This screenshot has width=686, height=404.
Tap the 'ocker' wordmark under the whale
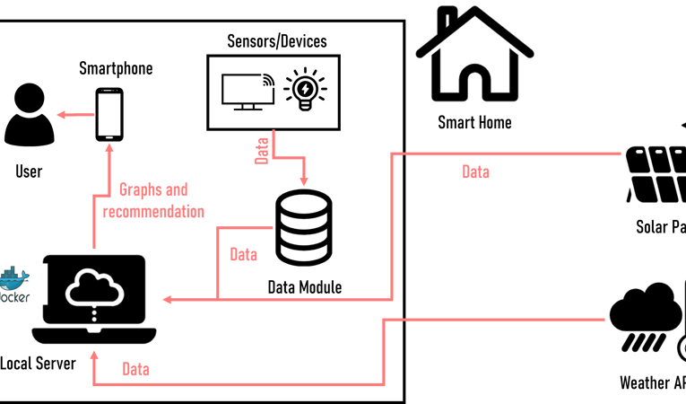(x=16, y=297)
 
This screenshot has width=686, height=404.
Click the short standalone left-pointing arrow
(x=74, y=114)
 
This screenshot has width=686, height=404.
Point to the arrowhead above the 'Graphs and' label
(x=109, y=149)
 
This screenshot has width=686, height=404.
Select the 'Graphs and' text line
(x=153, y=189)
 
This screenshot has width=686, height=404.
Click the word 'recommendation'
(x=153, y=213)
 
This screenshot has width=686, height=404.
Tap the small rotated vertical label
(x=262, y=149)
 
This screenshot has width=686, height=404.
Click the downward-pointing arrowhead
(x=304, y=180)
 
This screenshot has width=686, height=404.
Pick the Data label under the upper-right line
(x=475, y=171)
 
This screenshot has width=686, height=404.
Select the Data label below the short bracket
(x=243, y=255)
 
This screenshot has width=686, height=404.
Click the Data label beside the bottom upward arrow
(x=135, y=369)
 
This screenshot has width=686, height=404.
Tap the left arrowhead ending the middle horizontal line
(x=167, y=299)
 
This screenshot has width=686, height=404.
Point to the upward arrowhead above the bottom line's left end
(x=93, y=355)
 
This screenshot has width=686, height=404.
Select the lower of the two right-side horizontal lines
(x=507, y=320)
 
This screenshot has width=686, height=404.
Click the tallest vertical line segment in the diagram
(x=392, y=224)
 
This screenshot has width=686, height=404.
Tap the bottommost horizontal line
(x=238, y=384)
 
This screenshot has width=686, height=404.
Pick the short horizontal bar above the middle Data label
(x=245, y=228)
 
